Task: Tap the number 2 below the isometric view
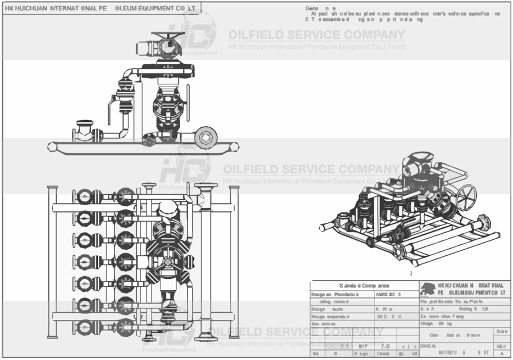click(410, 273)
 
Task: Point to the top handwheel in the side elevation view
click(168, 37)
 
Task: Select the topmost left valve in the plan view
click(84, 196)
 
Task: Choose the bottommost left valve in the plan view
click(84, 327)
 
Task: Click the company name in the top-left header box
click(102, 8)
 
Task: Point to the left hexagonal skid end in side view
click(52, 147)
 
